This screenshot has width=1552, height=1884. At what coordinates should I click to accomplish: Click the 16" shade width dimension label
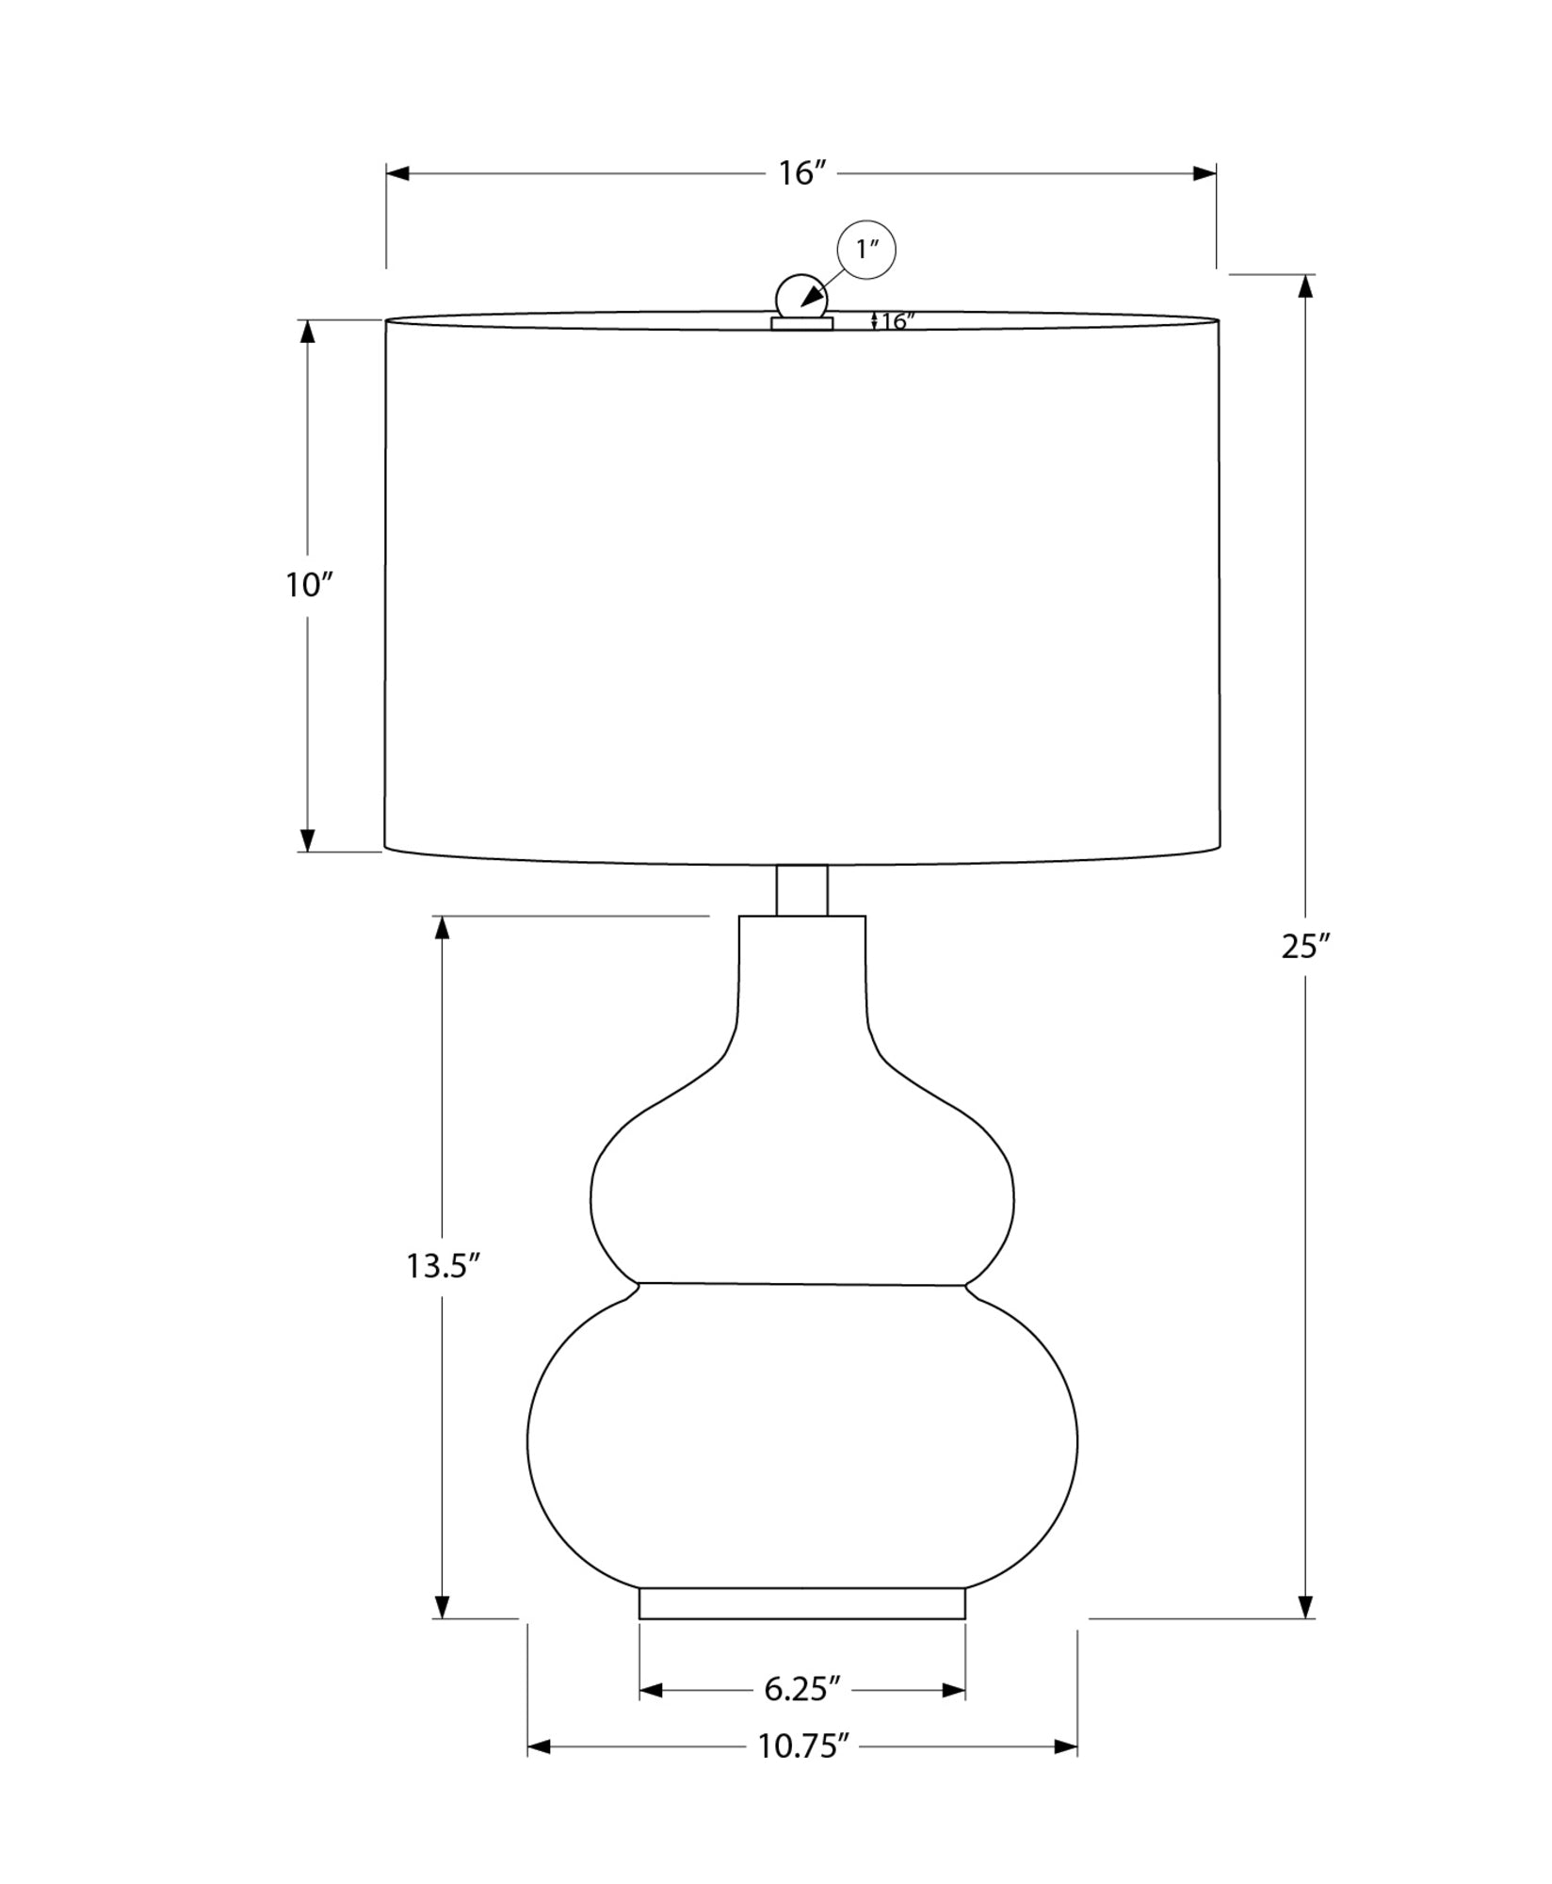coord(801,173)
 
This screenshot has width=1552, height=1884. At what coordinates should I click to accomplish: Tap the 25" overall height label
coord(1304,946)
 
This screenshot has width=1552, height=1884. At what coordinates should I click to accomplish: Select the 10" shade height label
coord(309,585)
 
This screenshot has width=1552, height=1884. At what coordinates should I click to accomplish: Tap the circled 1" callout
coord(866,250)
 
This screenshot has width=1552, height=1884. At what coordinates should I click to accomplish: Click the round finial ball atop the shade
coord(800,296)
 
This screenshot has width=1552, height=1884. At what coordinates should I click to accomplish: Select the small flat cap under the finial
coord(801,323)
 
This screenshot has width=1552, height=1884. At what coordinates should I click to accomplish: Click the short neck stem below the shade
coord(801,890)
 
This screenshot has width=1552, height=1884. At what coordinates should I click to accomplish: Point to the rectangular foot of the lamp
coord(801,1603)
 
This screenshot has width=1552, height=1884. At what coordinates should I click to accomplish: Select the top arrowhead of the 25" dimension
coord(1305,285)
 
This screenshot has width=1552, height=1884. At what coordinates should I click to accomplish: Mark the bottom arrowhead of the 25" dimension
coord(1305,1607)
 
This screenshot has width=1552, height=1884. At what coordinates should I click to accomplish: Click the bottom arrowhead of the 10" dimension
coord(307,840)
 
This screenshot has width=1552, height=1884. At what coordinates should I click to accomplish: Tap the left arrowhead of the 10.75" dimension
coord(539,1747)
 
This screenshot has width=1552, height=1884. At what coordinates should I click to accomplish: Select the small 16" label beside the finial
coord(897,321)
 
